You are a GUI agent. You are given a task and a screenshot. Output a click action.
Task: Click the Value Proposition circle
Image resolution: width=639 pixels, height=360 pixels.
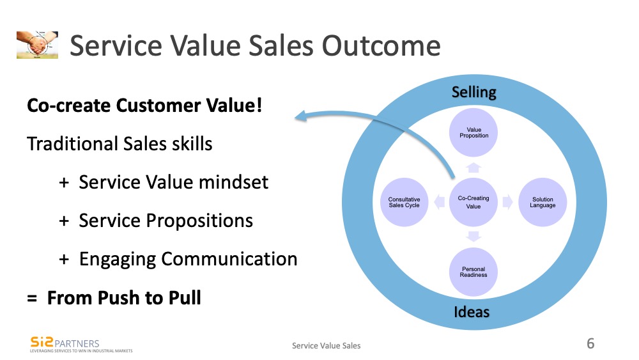point(473,133)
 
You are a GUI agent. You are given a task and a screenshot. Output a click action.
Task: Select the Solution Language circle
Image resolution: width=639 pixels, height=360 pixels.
point(543,202)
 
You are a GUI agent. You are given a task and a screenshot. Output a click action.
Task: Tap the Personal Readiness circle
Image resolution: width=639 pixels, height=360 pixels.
point(473,272)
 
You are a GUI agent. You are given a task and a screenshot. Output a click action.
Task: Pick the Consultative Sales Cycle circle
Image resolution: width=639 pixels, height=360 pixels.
point(404,202)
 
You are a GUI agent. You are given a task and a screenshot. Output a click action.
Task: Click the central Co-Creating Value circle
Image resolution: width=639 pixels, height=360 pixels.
point(473,202)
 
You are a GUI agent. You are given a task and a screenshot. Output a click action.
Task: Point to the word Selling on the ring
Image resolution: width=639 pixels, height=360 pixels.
point(473,92)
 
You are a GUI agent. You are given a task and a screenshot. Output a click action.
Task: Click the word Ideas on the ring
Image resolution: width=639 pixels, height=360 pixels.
point(472,312)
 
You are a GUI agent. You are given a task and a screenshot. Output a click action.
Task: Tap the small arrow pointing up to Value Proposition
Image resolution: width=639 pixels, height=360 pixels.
point(473,168)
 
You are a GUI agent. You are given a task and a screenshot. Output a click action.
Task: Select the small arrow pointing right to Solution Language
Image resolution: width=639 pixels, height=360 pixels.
point(507,202)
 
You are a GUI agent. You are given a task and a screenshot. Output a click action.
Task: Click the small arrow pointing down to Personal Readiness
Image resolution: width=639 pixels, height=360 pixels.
point(473,237)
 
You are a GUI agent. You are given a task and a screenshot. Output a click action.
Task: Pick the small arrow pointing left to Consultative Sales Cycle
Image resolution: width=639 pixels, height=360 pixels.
point(439,202)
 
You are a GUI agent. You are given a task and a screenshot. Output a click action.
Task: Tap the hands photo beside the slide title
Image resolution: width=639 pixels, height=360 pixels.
point(37,45)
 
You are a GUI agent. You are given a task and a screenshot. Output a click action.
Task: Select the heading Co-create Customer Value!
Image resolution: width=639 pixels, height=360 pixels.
point(144,106)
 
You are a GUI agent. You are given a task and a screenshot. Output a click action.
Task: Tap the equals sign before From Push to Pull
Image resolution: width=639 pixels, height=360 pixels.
point(32,298)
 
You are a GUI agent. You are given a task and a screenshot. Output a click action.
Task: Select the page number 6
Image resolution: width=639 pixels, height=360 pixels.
point(590,344)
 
